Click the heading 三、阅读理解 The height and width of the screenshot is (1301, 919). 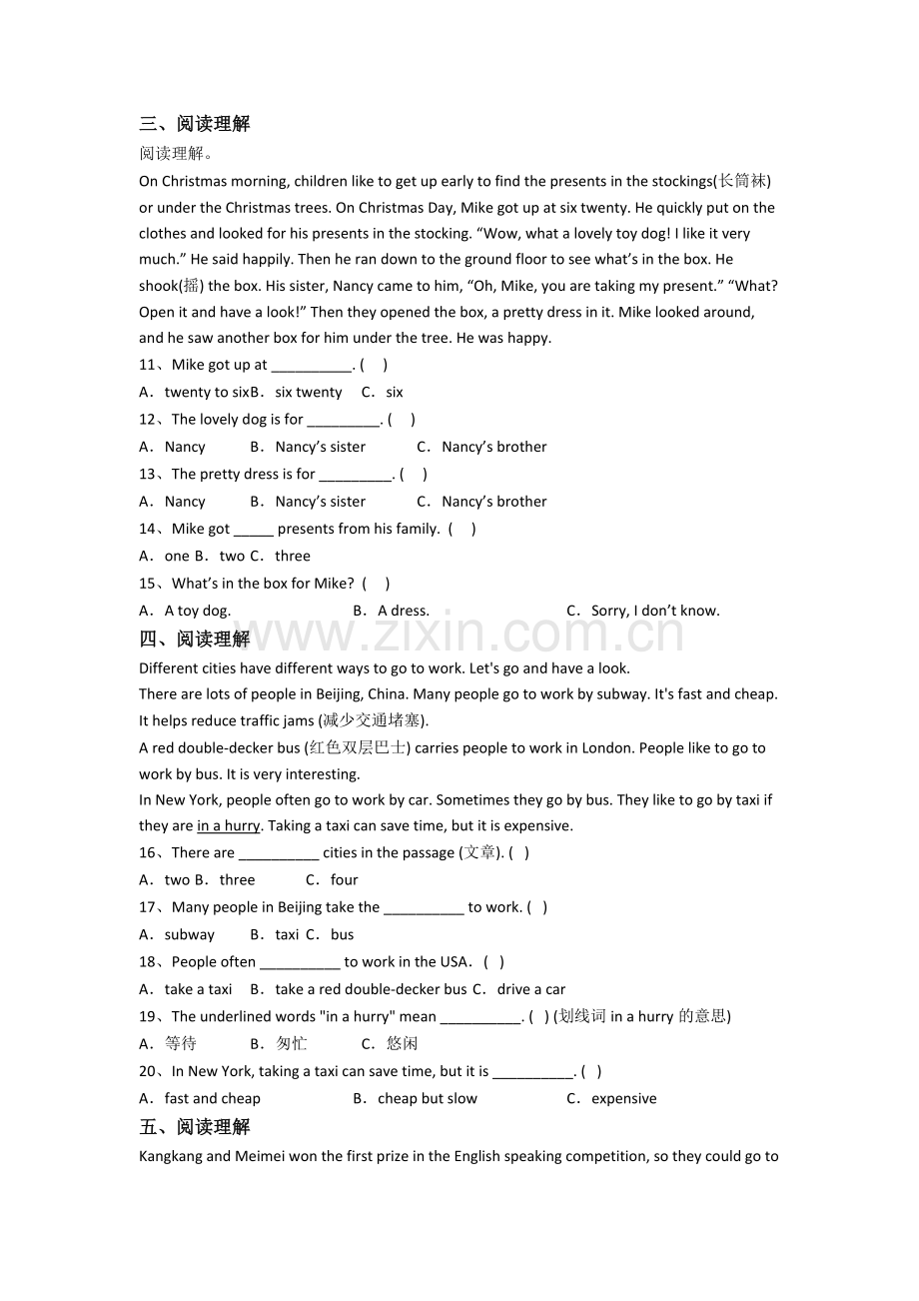[x=195, y=124]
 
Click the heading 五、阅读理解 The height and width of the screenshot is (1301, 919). [x=195, y=1127]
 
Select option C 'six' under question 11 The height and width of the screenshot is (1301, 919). [x=394, y=393]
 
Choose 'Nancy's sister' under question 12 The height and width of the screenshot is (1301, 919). [x=320, y=447]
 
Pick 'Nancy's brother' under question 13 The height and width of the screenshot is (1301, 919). [x=493, y=502]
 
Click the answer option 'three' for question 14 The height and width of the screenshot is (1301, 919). [x=292, y=557]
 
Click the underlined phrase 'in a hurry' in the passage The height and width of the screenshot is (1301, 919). [x=228, y=825]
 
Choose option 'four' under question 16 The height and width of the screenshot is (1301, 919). [x=344, y=880]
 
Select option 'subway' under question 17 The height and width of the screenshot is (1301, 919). [x=189, y=935]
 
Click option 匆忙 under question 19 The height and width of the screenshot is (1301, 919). [x=292, y=1043]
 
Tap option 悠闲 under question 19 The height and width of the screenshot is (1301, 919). [x=403, y=1043]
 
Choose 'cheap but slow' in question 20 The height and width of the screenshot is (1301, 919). [x=427, y=1098]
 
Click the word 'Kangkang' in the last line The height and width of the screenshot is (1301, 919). [x=171, y=1156]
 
